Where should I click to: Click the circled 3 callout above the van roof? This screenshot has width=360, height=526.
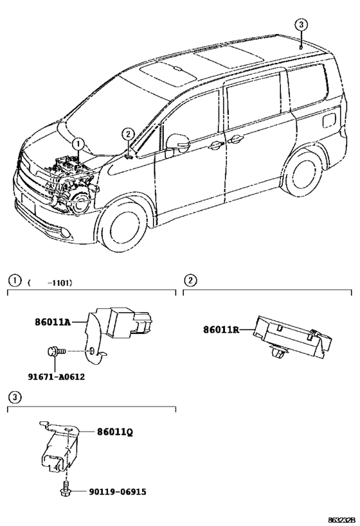pyautogui.click(x=301, y=24)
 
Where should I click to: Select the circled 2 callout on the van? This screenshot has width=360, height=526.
pyautogui.click(x=128, y=134)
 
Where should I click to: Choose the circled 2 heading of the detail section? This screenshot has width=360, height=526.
pyautogui.click(x=190, y=280)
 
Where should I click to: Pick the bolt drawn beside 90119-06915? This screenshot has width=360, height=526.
pyautogui.click(x=65, y=491)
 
